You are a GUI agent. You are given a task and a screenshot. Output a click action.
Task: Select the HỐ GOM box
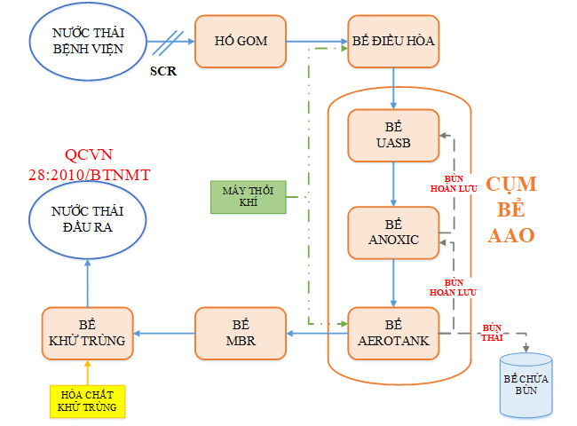point(241,41)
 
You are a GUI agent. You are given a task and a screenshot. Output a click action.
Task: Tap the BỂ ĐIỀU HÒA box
point(393,41)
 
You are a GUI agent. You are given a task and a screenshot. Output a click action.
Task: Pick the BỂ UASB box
point(393,135)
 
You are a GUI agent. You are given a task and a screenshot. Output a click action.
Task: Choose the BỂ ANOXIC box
point(393,233)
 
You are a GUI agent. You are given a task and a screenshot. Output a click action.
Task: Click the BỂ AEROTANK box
point(393,334)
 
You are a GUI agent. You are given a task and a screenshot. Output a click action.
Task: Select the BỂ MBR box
point(241,334)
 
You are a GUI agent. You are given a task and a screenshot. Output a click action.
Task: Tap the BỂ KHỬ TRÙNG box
point(87,334)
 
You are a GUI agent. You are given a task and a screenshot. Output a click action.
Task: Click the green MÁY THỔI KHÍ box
point(249,197)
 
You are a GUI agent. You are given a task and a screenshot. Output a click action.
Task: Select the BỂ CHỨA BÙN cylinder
point(526,385)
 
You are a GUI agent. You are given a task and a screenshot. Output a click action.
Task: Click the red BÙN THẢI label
point(493,330)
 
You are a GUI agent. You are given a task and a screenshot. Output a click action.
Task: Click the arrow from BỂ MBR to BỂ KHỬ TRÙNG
point(163,334)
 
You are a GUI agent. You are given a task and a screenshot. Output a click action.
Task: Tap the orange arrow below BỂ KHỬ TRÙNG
point(87,370)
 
